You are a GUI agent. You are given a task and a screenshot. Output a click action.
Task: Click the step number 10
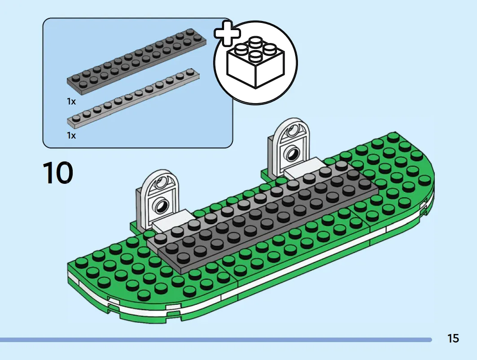[x=58, y=173]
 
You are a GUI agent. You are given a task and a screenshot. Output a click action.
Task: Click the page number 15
[x=453, y=338]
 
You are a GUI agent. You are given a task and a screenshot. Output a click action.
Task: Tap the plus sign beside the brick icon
[x=227, y=33]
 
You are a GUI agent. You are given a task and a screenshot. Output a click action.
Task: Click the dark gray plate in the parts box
[x=136, y=58]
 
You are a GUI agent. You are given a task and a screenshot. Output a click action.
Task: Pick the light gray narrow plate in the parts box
[x=134, y=97]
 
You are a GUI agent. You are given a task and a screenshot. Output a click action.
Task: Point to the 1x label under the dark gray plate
[x=71, y=102]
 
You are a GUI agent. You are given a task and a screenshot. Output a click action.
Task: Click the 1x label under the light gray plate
[x=71, y=135]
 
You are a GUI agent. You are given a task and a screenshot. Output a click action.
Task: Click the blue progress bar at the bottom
[x=216, y=340]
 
